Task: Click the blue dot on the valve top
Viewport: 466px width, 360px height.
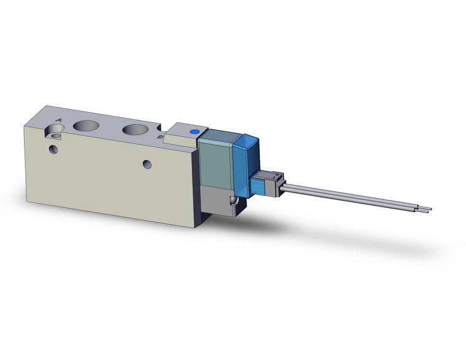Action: pyautogui.click(x=195, y=132)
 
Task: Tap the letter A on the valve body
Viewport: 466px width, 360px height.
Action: pyautogui.click(x=59, y=120)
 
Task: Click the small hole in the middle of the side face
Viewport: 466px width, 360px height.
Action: pyautogui.click(x=147, y=164)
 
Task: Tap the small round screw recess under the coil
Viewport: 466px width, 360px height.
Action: pyautogui.click(x=232, y=202)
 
